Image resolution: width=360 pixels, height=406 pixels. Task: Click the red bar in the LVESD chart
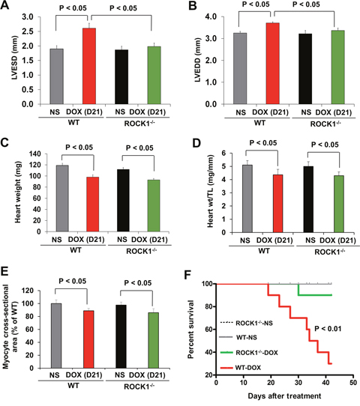pos(89,66)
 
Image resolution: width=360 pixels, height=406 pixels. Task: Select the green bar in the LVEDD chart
pos(338,67)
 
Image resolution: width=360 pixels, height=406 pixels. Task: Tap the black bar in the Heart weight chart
pos(123,201)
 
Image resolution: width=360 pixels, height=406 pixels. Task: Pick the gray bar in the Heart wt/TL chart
pos(247,199)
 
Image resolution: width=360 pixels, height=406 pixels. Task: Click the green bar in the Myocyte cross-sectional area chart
pos(154,340)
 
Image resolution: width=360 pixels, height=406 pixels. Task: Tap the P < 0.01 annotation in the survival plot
pos(328,329)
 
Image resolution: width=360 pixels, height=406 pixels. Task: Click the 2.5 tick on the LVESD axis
pos(28,31)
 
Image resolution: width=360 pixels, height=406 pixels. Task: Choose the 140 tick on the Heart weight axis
pos(35,154)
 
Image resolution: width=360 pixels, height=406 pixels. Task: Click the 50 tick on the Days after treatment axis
pos(353,383)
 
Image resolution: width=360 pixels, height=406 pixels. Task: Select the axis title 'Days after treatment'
pos(284,396)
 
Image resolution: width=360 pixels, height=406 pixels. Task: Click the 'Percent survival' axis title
pos(191,329)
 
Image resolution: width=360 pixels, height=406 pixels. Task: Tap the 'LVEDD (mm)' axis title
pos(198,60)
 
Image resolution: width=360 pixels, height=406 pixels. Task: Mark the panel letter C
pos(5,143)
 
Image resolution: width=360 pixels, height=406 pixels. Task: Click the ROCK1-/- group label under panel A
pos(139,124)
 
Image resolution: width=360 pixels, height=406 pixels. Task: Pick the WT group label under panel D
pos(263,251)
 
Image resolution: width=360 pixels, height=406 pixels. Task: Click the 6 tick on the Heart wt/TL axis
pos(223,154)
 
